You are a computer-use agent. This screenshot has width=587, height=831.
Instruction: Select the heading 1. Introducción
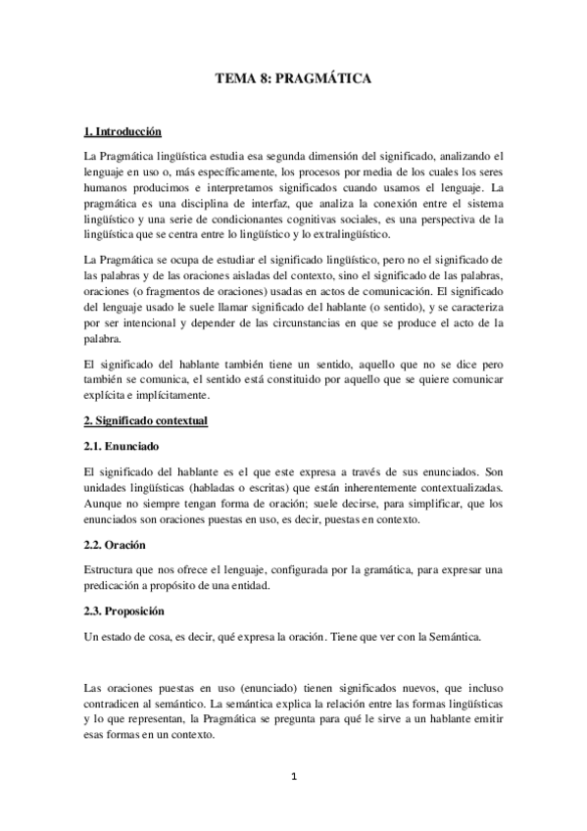click(122, 130)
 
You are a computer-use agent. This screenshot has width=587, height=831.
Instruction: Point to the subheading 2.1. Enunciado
click(121, 446)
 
